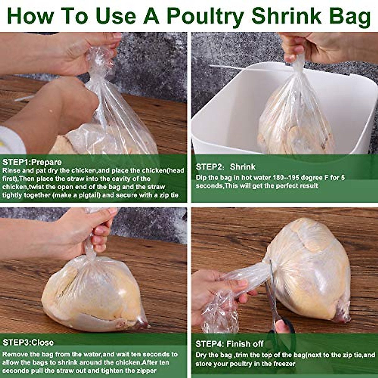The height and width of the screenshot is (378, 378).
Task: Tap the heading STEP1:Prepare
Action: click(x=32, y=163)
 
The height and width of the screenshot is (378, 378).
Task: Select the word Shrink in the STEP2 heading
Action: click(x=243, y=167)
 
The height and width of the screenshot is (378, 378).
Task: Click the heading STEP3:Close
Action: click(x=28, y=343)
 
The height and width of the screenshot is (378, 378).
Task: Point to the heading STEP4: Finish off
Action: click(x=229, y=344)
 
